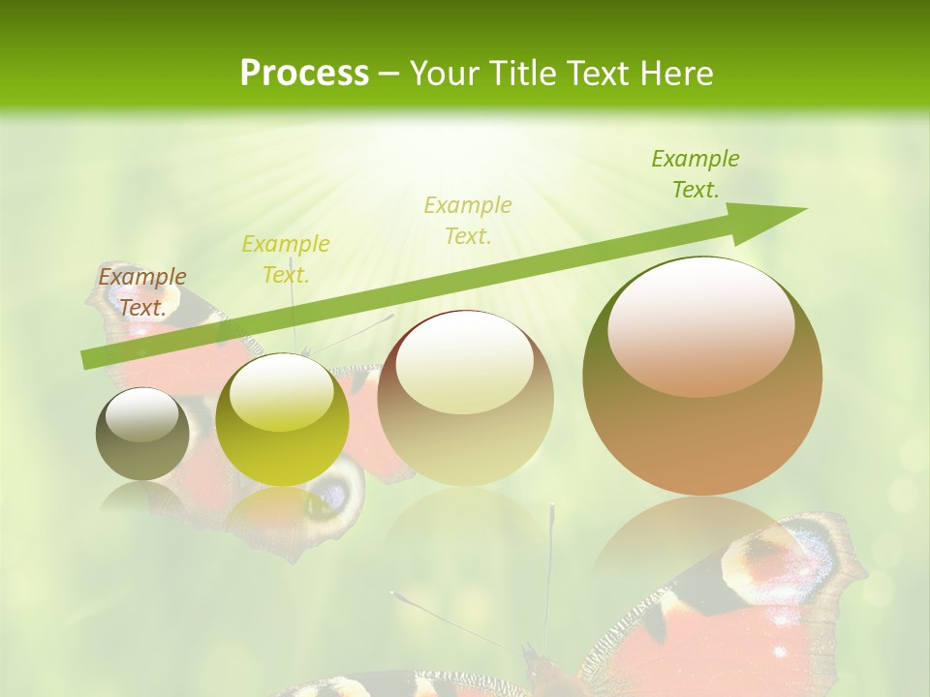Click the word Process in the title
coord(304,73)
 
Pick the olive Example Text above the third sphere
coord(468,221)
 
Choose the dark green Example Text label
coord(696,174)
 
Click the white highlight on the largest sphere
coord(701,324)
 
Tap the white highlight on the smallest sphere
coord(142,414)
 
